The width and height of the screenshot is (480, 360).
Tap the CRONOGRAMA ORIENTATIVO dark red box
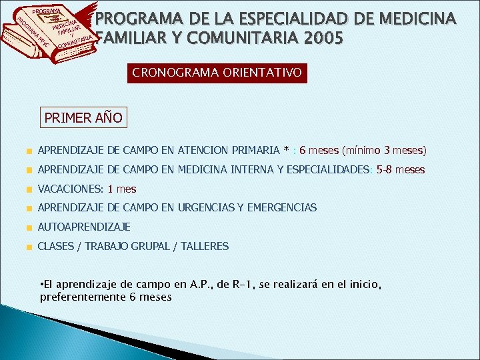(217, 72)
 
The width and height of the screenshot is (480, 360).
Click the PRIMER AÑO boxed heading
(83, 118)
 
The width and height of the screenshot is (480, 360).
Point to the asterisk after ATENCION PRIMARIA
(286, 151)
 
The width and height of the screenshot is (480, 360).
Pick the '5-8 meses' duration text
(401, 170)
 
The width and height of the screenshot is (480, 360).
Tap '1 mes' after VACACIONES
(122, 189)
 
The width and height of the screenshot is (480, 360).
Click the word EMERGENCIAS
(282, 208)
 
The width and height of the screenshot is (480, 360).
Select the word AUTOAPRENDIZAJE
(84, 227)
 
